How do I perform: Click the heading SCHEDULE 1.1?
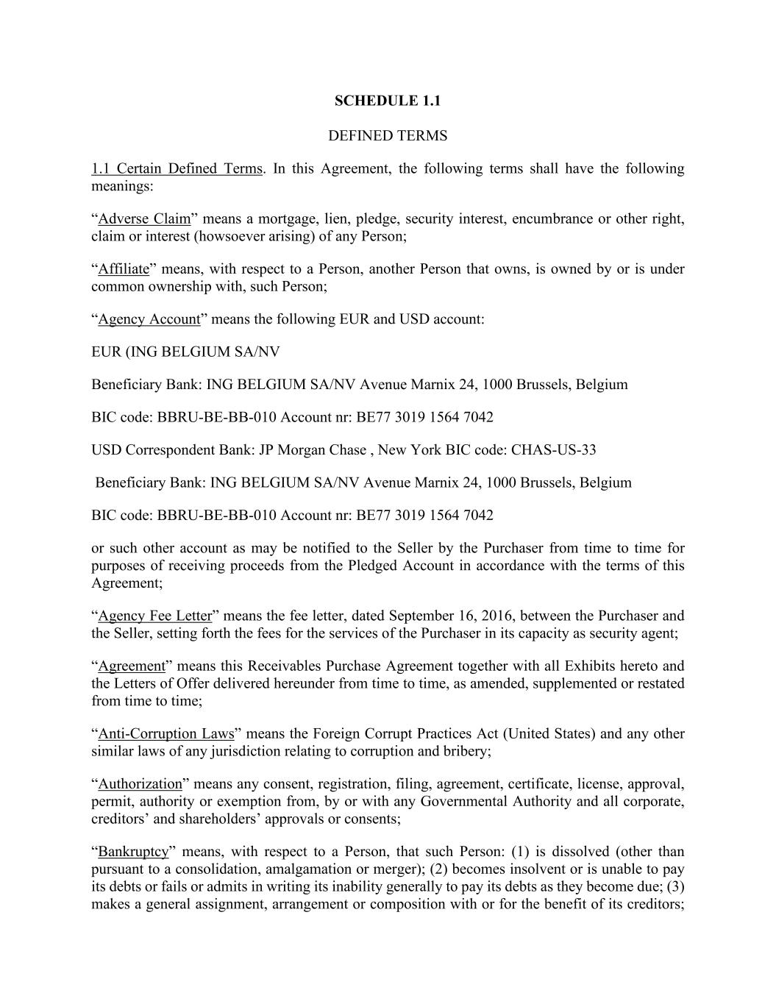click(387, 101)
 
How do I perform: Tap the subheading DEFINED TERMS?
click(387, 136)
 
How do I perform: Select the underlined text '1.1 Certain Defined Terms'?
click(177, 169)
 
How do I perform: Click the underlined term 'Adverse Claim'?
click(144, 219)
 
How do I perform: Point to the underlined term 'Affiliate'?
click(124, 269)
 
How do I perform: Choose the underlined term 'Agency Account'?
click(149, 319)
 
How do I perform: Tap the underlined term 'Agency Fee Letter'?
click(154, 616)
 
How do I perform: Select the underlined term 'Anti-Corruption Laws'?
click(166, 734)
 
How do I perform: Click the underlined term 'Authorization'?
click(140, 784)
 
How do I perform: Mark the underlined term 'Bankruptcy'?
click(133, 852)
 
